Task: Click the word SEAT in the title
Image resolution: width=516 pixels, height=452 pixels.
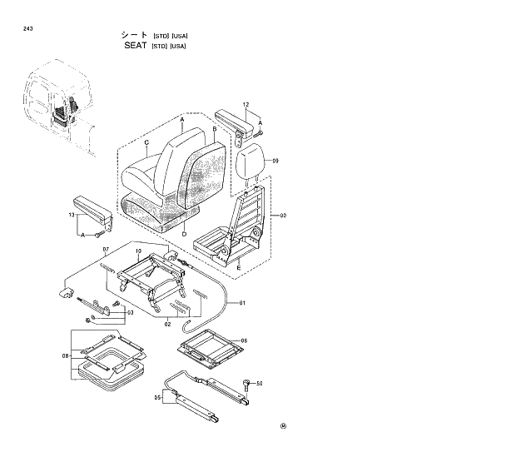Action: [134, 46]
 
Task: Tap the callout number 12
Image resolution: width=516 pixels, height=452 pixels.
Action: [246, 105]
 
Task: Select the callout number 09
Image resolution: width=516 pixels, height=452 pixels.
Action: [275, 160]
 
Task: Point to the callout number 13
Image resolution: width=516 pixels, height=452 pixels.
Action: [72, 216]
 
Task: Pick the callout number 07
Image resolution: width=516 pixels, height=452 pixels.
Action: [106, 250]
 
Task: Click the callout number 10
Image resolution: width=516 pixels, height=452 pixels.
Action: [138, 251]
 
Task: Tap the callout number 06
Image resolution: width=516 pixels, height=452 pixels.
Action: [244, 340]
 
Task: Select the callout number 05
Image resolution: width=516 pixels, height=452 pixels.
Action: [158, 398]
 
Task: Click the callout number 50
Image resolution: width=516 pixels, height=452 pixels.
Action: [260, 384]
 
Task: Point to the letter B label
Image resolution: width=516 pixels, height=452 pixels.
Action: [214, 130]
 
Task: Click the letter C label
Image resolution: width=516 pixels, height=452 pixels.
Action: [146, 143]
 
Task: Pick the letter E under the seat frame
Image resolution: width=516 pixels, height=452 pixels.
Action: [238, 268]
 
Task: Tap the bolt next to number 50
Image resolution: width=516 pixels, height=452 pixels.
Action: [246, 383]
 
